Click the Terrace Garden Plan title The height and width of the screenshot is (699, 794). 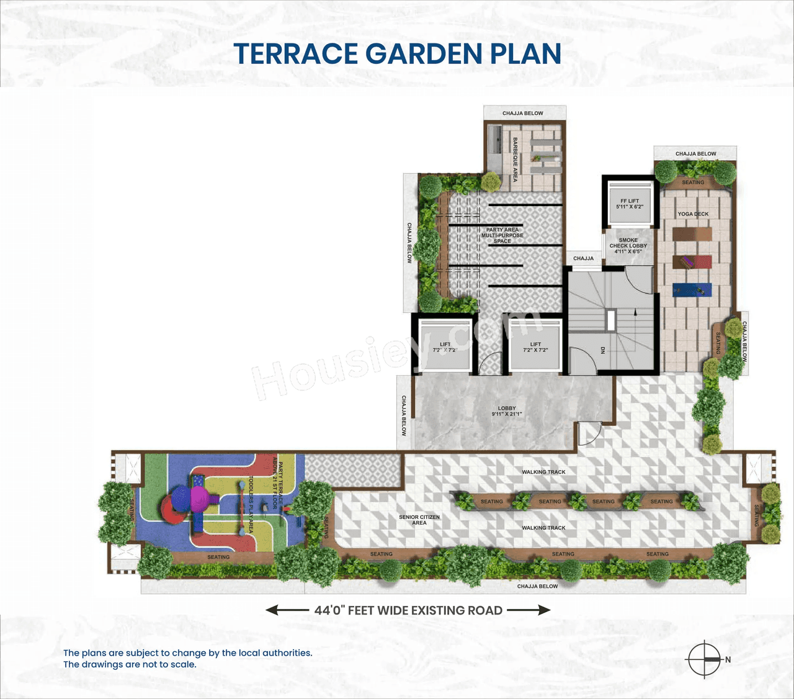point(398,54)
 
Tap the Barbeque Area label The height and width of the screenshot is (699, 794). point(515,160)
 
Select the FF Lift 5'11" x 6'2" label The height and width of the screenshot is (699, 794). point(629,204)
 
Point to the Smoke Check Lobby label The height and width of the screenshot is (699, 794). point(628,246)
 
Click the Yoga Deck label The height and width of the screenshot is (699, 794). point(693,214)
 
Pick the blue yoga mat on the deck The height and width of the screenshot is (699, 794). point(692,290)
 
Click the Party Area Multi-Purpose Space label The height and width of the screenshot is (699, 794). point(502,235)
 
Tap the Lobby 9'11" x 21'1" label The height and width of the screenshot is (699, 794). point(507,411)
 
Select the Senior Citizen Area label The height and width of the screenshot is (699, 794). point(419,520)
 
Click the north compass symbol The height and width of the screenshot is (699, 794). point(705,659)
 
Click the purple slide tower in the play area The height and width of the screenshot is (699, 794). point(199,498)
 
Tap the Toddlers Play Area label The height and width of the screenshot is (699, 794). point(251,505)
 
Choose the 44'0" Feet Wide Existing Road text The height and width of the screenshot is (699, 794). point(408,610)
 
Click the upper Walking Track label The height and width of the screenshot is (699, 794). point(543,472)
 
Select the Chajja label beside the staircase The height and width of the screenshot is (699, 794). point(583,258)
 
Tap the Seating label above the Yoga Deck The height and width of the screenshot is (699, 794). point(693,183)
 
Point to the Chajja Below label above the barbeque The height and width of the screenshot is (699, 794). point(522,114)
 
